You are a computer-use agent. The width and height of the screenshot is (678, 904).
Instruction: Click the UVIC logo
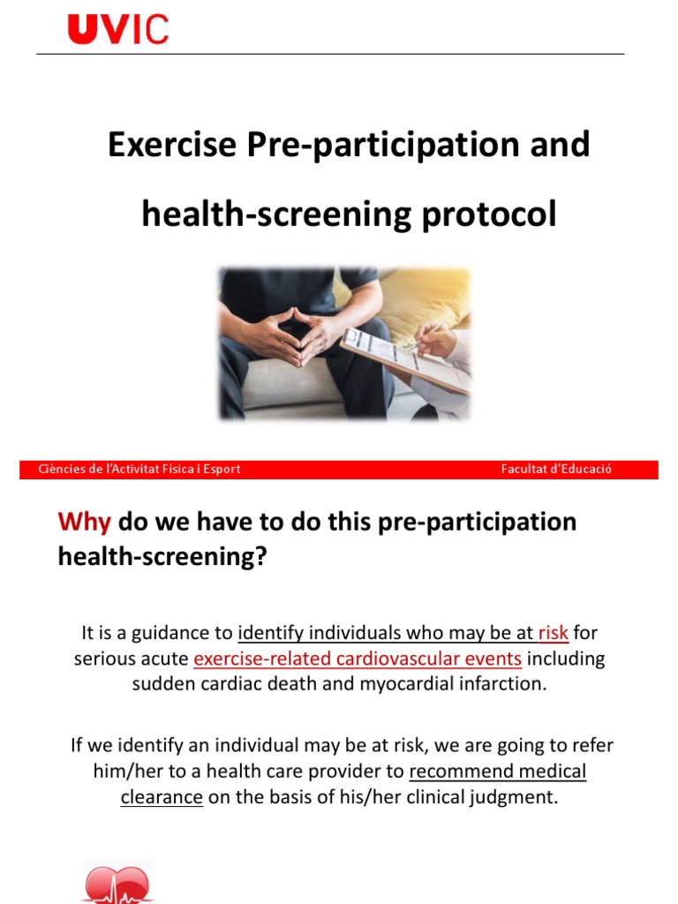pyautogui.click(x=117, y=28)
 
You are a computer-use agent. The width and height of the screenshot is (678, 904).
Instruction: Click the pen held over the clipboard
pyautogui.click(x=422, y=337)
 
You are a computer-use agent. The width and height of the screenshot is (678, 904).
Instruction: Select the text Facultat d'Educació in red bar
pyautogui.click(x=556, y=470)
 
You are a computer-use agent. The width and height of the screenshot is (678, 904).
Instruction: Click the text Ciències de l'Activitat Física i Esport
pyautogui.click(x=139, y=470)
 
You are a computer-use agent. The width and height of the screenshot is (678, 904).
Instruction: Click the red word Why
pyautogui.click(x=84, y=522)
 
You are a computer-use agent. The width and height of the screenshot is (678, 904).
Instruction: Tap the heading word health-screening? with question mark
pyautogui.click(x=162, y=557)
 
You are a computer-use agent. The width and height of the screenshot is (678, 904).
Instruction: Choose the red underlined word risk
pyautogui.click(x=553, y=633)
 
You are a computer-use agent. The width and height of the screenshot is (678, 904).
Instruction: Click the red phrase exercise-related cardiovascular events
pyautogui.click(x=358, y=659)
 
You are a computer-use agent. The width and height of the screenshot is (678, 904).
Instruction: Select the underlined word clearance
pyautogui.click(x=162, y=797)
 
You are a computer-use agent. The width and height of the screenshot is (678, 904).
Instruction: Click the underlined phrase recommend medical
pyautogui.click(x=498, y=771)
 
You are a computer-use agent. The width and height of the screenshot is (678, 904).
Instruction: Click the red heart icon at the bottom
pyautogui.click(x=117, y=885)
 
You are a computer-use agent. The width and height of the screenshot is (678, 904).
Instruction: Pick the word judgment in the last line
pyautogui.click(x=517, y=797)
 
